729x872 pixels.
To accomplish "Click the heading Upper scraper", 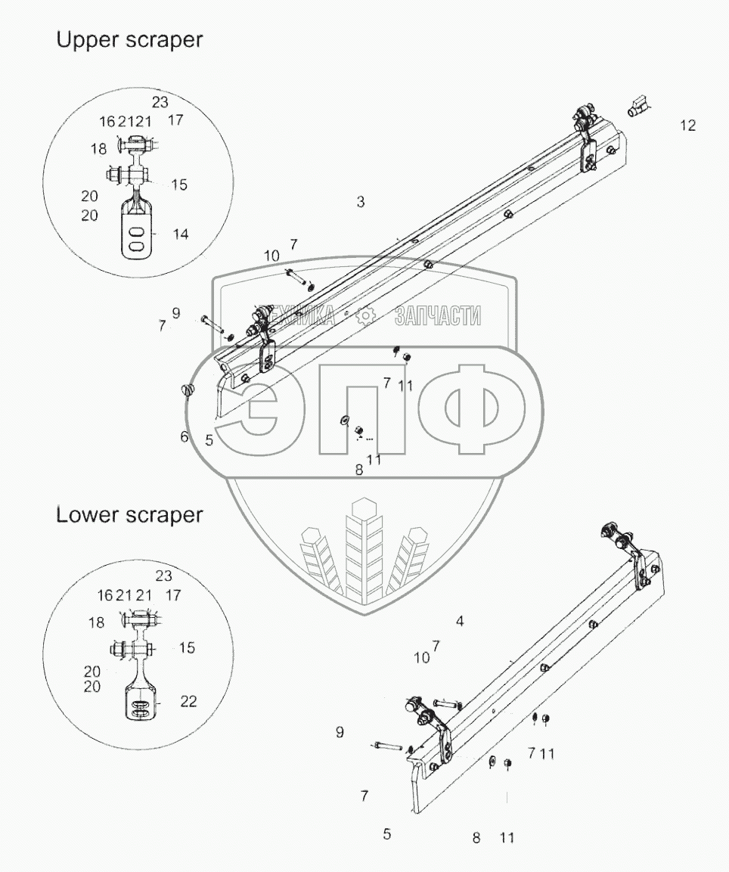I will coord(129,41).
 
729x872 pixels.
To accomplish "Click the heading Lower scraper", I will coord(129,515).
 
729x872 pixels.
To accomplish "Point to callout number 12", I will coord(687,126).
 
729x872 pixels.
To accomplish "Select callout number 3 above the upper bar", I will coord(361,202).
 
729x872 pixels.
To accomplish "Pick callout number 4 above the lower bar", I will coord(460,621).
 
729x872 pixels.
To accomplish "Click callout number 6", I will coord(184,436).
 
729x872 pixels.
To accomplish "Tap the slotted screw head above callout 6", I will coord(188,390).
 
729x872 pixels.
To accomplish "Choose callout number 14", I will coord(180,234).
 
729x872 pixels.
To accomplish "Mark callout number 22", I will coord(188,702).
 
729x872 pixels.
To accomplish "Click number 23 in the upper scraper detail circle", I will coord(160,103).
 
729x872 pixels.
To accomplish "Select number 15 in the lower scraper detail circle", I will coord(186,648).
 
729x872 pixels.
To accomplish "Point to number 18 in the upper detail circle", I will coord(99,149).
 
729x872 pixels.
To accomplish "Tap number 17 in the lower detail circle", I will coord(174,595).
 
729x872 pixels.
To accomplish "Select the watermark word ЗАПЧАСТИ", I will coord(438,316).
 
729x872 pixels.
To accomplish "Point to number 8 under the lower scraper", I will coord(476,837).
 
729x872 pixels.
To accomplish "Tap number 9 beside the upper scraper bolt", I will coord(176,312).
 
